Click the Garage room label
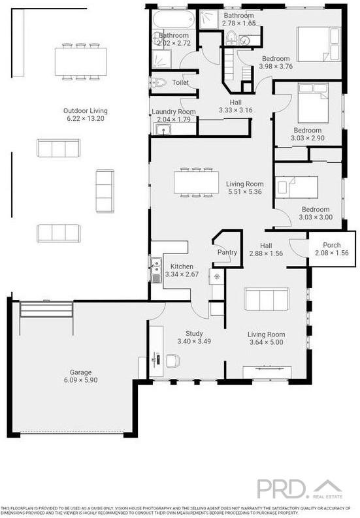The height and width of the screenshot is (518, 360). (x=80, y=372)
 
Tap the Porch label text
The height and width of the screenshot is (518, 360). (x=331, y=245)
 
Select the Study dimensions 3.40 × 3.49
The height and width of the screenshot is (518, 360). (x=194, y=341)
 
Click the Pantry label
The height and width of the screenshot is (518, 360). (x=227, y=252)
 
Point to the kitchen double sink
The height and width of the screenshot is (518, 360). (x=155, y=270)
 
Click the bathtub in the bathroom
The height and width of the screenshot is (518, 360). (x=174, y=20)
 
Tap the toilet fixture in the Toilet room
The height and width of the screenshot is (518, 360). (x=159, y=82)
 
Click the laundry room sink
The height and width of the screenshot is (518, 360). (x=163, y=129)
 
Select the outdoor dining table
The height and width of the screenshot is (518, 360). (x=81, y=61)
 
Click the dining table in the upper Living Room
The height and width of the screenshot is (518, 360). (x=197, y=182)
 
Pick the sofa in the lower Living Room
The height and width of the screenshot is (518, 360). (x=267, y=299)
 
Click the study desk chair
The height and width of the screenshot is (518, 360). (x=172, y=361)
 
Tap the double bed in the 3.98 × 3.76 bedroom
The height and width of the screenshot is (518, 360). (x=319, y=44)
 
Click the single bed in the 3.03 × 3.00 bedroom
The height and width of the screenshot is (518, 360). (x=297, y=187)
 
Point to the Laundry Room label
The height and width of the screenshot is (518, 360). (x=174, y=112)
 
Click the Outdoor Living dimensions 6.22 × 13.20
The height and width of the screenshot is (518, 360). (x=86, y=119)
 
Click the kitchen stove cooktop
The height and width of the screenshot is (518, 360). (x=217, y=276)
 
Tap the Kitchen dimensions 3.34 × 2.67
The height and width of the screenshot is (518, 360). (x=182, y=274)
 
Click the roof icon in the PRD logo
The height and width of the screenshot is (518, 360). (x=327, y=485)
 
